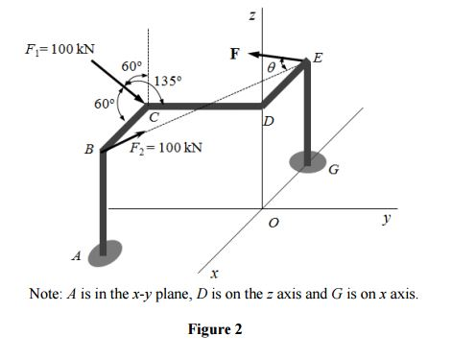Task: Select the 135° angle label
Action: point(167,81)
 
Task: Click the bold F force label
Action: point(233,53)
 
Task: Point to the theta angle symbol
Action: point(271,67)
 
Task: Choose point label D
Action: point(268,121)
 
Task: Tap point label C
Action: point(153,116)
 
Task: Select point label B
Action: point(89,151)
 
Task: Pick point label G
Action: point(334,172)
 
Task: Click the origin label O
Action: point(273,223)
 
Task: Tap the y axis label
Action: point(387,220)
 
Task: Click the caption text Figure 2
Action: point(214,329)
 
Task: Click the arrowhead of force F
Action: point(256,52)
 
